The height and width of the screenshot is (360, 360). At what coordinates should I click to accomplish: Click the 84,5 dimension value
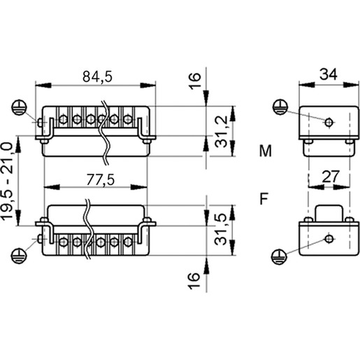[97, 76]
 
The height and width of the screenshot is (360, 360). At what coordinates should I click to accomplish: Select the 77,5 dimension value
[101, 180]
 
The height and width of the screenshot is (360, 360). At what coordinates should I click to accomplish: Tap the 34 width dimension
[329, 74]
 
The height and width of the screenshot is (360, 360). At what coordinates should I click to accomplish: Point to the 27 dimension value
[330, 177]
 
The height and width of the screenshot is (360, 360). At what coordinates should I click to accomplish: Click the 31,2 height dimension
[221, 131]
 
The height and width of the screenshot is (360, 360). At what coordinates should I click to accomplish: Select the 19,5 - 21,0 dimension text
[7, 181]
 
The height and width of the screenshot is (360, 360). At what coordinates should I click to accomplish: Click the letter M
[266, 151]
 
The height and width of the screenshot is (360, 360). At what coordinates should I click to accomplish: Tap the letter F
[264, 199]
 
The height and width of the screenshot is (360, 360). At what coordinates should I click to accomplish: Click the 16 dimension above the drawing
[194, 81]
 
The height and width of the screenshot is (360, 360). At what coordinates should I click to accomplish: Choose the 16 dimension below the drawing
[194, 281]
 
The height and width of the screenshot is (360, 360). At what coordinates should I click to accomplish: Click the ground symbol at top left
[19, 108]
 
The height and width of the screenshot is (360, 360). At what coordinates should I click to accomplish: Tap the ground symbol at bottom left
[19, 256]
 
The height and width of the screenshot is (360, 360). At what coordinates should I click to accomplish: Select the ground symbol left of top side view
[280, 107]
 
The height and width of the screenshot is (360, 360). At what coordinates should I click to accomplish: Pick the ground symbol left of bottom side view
[280, 257]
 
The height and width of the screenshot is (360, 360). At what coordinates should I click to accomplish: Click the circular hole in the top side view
[329, 122]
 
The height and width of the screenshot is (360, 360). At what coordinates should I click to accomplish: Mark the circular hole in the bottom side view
[329, 238]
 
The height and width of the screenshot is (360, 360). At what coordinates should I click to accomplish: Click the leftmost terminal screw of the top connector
[63, 120]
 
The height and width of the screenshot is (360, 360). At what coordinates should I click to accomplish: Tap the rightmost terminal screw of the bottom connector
[128, 242]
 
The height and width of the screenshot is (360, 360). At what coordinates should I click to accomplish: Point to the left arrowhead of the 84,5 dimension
[43, 85]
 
